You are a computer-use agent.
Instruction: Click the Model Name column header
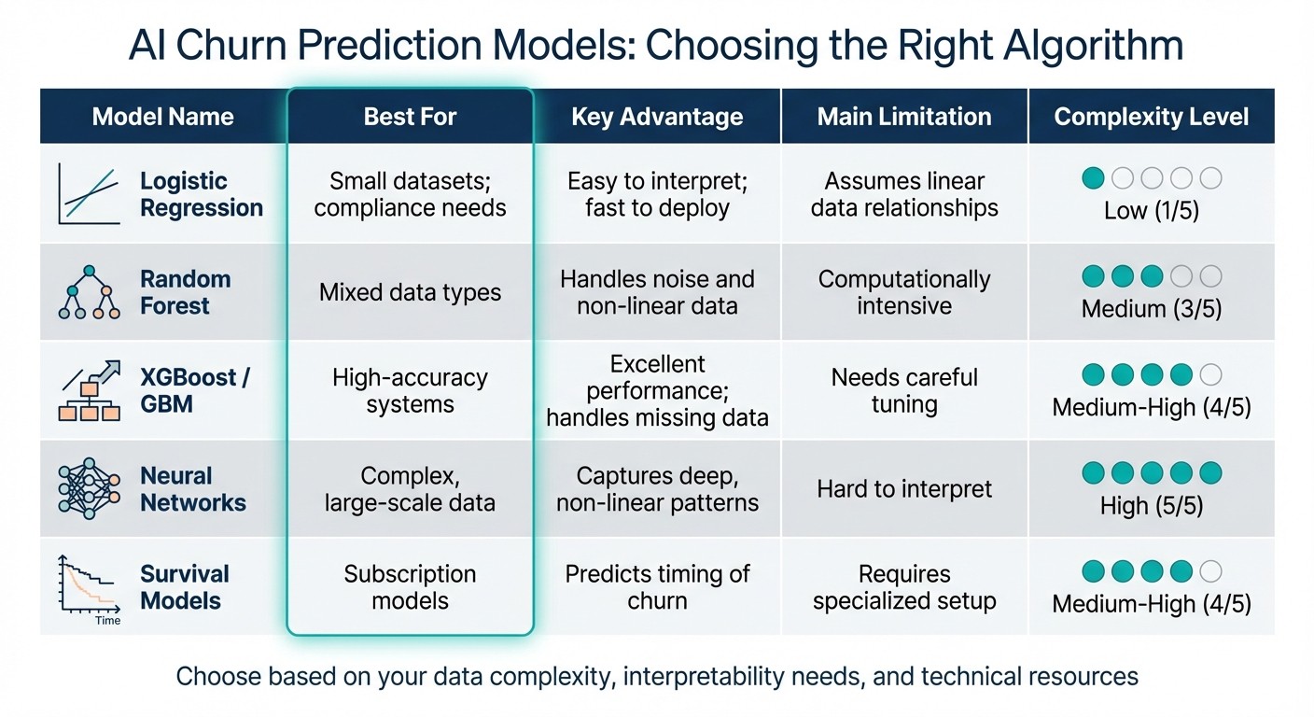(162, 117)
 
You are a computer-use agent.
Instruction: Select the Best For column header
(410, 117)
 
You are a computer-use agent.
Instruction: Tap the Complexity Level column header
(1151, 117)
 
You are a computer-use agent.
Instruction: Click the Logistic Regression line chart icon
(89, 194)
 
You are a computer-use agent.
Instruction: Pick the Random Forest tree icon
(89, 292)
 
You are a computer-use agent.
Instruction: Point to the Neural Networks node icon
(89, 488)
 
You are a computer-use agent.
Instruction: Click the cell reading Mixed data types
(410, 292)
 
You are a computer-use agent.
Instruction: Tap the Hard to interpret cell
(903, 489)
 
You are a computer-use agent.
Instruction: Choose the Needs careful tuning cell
(903, 391)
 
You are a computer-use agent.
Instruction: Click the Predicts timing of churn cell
(657, 587)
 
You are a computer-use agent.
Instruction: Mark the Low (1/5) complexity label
(1151, 211)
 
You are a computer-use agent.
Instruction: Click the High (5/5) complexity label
(1151, 506)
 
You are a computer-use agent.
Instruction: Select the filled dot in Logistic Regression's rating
(1093, 178)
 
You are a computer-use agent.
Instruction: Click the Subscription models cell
(410, 587)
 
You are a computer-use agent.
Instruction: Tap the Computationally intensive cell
(903, 292)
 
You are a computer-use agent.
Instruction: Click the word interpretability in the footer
(707, 676)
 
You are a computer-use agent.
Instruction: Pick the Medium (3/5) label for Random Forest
(1151, 309)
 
